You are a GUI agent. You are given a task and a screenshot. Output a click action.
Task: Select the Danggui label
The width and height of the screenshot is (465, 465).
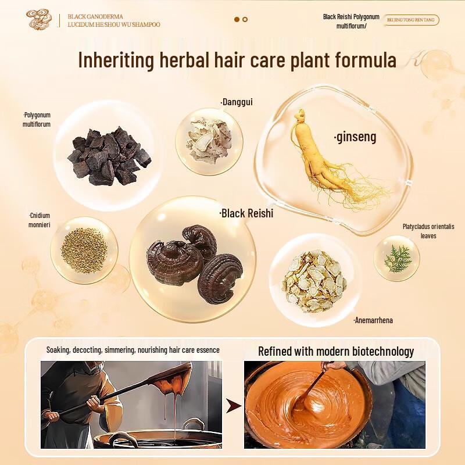pos(237,102)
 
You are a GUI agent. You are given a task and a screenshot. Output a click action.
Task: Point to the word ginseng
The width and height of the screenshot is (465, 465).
pos(355,137)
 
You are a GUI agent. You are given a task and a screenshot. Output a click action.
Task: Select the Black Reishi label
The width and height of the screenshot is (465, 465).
pos(246,213)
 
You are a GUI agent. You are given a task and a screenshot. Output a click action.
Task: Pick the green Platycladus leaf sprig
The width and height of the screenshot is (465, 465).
pos(398,257)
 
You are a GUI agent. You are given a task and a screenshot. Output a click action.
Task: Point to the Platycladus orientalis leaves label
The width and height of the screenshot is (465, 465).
pos(428,231)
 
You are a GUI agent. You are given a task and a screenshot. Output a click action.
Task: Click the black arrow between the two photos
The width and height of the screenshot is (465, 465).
pos(233,405)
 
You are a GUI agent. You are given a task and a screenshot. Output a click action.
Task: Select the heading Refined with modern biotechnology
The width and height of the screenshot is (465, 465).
pos(336,351)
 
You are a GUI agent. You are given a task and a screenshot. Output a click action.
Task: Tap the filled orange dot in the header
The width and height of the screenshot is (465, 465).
pos(237,19)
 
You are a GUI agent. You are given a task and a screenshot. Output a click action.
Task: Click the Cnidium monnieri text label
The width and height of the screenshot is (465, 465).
pos(40,220)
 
